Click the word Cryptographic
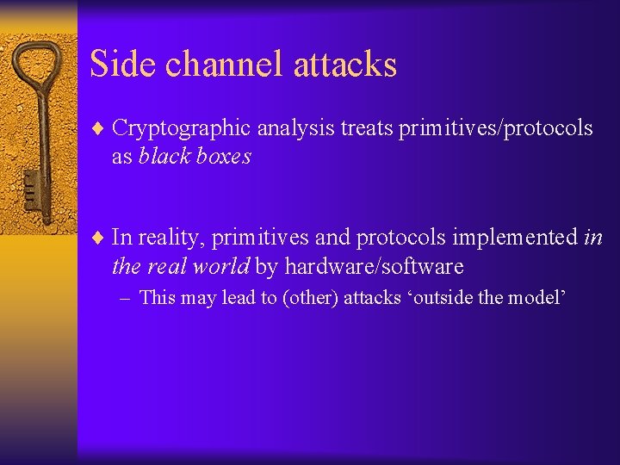tap(182, 128)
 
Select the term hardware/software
tap(374, 266)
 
